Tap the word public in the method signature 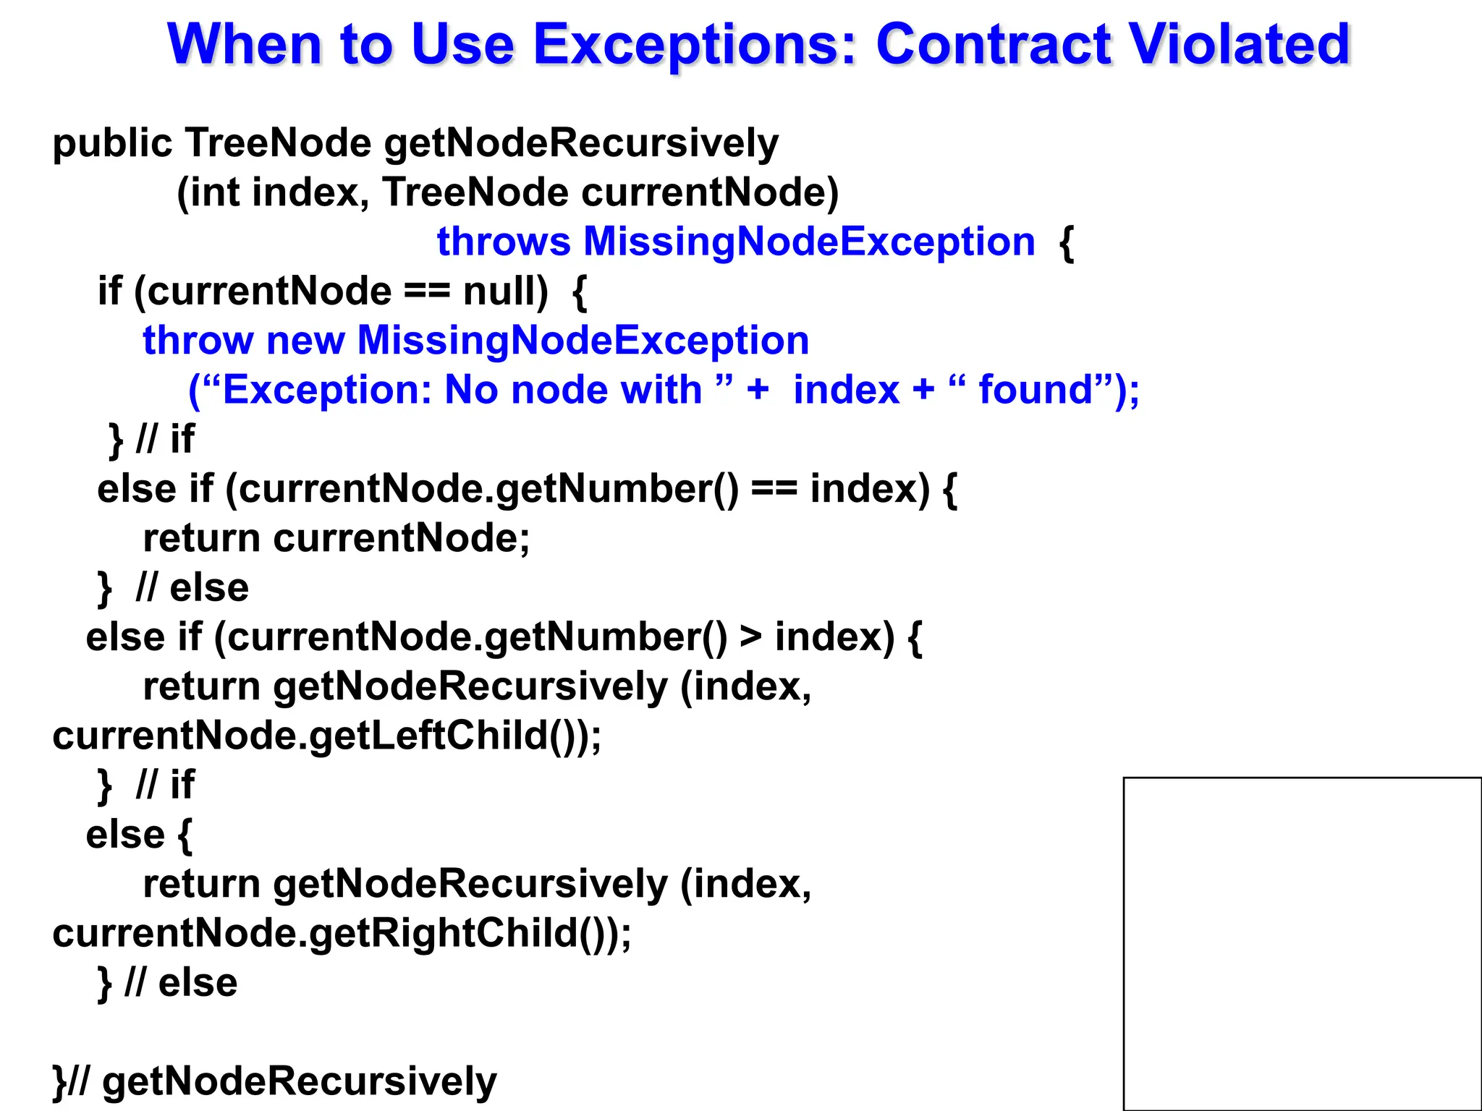pos(112,143)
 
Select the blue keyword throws pos(504,242)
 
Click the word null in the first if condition pos(505,291)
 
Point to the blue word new pos(305,341)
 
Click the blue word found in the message pos(1035,390)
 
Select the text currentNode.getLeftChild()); pos(326,736)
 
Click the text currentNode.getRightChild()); pos(342,933)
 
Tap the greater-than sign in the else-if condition pos(751,637)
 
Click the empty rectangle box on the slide pos(1302,943)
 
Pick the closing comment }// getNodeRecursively pos(275,1082)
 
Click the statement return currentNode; pos(336,539)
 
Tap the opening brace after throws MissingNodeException pos(1066,243)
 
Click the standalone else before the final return pos(125,835)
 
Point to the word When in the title pos(244,45)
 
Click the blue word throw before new pos(198,341)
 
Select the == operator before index pos(774,489)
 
